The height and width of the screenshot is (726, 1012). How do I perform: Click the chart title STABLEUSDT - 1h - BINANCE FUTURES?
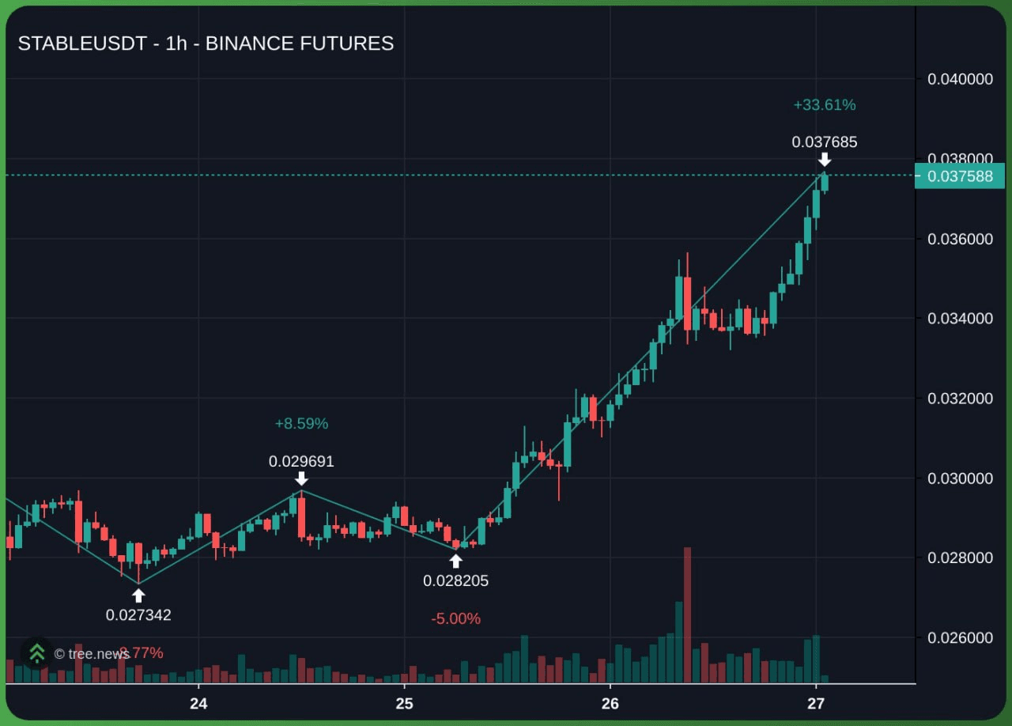tap(206, 43)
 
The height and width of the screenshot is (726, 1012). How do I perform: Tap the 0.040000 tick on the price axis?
tap(960, 79)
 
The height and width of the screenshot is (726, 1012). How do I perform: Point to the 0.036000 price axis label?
tap(960, 239)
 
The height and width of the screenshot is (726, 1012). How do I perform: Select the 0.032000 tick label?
tap(960, 398)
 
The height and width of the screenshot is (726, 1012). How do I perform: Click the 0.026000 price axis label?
tap(960, 637)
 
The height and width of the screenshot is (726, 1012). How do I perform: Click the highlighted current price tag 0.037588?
tap(960, 176)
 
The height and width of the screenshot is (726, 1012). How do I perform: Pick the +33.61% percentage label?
tap(825, 104)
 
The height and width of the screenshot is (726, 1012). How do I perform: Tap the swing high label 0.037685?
tap(825, 142)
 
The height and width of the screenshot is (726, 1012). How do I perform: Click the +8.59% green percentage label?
tap(301, 424)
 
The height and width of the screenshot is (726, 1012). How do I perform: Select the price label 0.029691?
tap(301, 461)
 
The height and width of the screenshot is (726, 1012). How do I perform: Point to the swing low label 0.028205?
tap(455, 580)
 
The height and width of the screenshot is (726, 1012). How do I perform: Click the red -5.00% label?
tap(455, 618)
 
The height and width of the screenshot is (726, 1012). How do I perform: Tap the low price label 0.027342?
tap(138, 614)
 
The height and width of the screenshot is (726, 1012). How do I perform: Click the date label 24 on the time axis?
tap(198, 704)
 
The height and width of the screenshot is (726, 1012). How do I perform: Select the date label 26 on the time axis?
tap(610, 704)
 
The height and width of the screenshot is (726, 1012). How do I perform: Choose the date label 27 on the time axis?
tap(816, 704)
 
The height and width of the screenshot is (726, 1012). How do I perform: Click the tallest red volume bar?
tap(687, 614)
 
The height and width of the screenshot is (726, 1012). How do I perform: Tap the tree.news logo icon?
tap(36, 653)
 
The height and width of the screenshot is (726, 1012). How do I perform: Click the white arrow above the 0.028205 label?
tap(455, 561)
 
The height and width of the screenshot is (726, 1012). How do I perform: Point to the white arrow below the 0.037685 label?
tap(825, 160)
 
